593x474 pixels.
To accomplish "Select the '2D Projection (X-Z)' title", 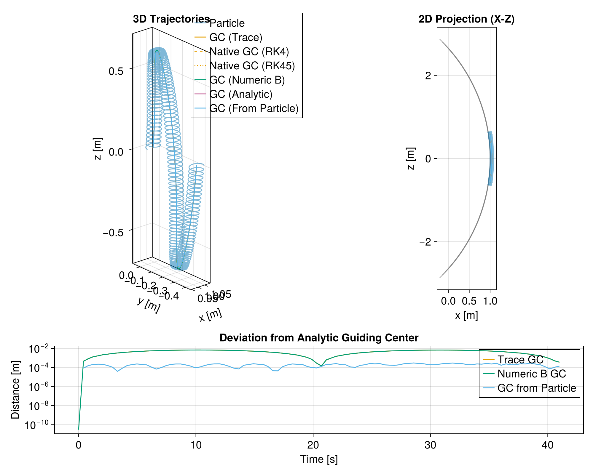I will pos(466,19).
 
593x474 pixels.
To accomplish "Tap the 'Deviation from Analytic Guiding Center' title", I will pos(319,338).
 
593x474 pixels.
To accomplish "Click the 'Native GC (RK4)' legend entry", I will pos(249,52).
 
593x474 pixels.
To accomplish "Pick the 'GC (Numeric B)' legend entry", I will pos(247,80).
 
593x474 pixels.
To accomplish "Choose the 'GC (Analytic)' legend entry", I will pos(241,94).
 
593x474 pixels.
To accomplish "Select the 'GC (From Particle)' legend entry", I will pos(254,108).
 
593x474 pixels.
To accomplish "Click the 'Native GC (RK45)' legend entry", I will pos(252,66).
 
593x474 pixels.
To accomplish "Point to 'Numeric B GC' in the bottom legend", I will pos(532,374).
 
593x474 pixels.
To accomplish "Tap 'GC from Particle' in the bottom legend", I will pos(537,388).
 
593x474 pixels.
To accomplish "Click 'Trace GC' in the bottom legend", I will pos(520,360).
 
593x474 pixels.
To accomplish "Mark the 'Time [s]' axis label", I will pos(319,459).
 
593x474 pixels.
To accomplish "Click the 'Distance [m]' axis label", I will pos(15,390).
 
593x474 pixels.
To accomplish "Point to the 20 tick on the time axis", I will pos(313,445).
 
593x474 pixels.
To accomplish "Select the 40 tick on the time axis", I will pos(547,445).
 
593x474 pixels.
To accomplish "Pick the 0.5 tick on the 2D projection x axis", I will pos(469,301).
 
